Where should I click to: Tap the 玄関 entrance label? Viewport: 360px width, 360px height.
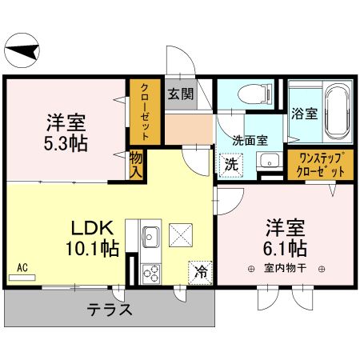point(180,93)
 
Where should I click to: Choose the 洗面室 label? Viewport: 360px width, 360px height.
point(250,139)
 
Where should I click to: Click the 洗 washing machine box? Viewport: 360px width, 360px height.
point(230,166)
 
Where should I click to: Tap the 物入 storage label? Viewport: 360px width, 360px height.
point(136,165)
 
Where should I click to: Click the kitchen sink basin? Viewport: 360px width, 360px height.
point(150,237)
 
